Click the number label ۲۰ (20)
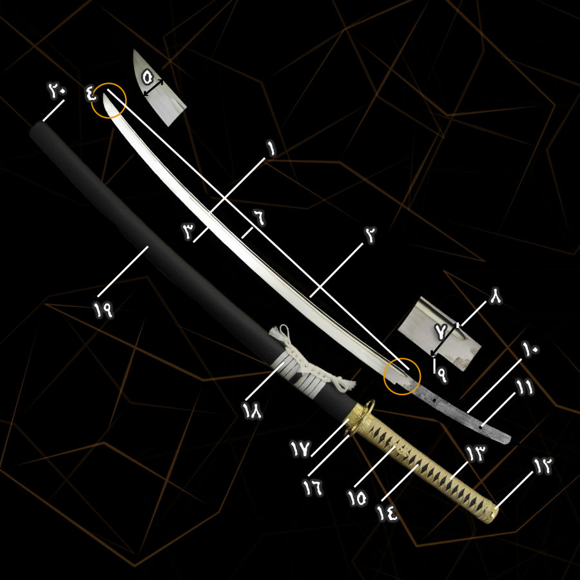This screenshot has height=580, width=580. point(57,90)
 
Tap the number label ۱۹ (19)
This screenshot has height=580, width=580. point(104,311)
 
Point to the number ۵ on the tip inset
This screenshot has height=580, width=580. point(147,79)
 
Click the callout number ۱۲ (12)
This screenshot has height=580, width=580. point(542,467)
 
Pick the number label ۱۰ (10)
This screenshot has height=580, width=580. point(530,349)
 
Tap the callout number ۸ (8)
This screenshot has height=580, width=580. point(496,296)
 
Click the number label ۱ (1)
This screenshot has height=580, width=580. point(271,150)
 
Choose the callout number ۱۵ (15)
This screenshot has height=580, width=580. point(356,498)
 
